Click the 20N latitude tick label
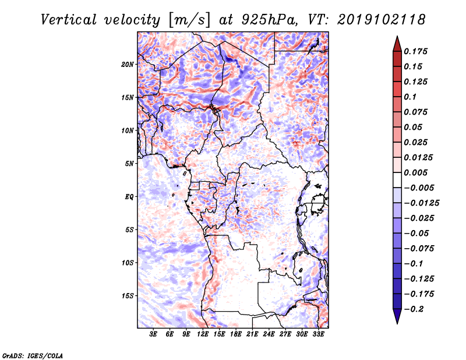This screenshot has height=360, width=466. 128,64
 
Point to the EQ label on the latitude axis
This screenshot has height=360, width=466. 130,197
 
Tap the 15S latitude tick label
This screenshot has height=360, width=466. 128,296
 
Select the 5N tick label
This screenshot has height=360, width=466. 129,164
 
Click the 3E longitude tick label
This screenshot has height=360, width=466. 154,334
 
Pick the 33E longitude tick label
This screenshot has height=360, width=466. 318,334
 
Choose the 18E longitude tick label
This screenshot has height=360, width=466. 236,334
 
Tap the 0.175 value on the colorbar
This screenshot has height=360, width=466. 416,51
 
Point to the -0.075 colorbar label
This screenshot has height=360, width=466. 421,248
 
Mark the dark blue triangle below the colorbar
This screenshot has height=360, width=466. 397,316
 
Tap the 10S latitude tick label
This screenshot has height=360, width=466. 128,263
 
